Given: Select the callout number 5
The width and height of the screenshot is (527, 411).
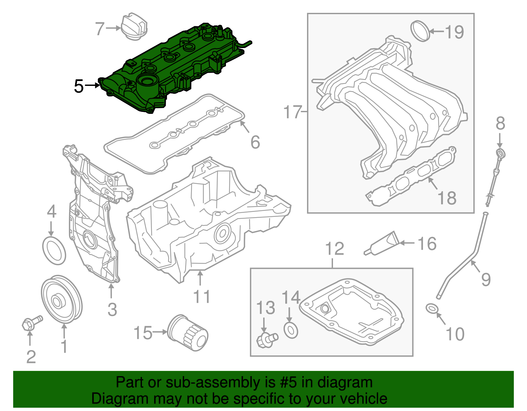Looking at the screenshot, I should click(x=79, y=86).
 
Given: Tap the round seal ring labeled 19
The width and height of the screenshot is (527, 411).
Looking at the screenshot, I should click(x=421, y=31).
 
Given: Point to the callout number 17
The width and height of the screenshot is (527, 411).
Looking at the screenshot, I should click(x=292, y=112).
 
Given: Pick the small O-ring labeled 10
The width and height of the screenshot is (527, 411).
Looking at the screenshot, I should click(x=432, y=309).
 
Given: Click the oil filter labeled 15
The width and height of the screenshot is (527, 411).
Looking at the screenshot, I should click(x=188, y=332).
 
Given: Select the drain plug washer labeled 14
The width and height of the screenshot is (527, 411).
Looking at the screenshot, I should click(x=291, y=330).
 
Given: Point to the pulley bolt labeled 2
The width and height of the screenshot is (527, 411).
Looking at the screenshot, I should click(x=32, y=323).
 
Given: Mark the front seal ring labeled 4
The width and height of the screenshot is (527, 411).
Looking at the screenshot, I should click(x=54, y=250).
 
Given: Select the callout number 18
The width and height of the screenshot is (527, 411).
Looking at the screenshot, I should click(x=447, y=198).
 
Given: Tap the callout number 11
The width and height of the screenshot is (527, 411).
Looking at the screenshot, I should click(x=201, y=297).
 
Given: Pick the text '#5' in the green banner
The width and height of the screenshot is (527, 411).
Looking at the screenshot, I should click(x=289, y=382).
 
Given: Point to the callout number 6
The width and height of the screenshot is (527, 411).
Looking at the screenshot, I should click(x=255, y=142).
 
